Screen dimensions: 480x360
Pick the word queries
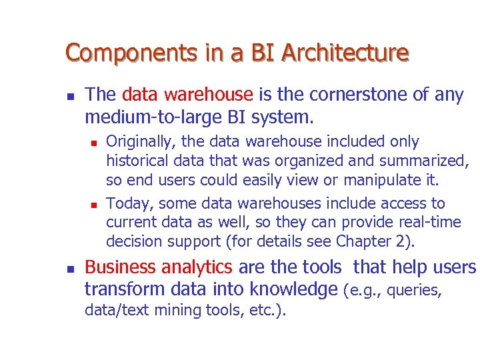point(417,291)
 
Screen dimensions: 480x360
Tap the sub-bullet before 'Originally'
point(94,143)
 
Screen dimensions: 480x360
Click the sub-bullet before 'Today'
point(94,204)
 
